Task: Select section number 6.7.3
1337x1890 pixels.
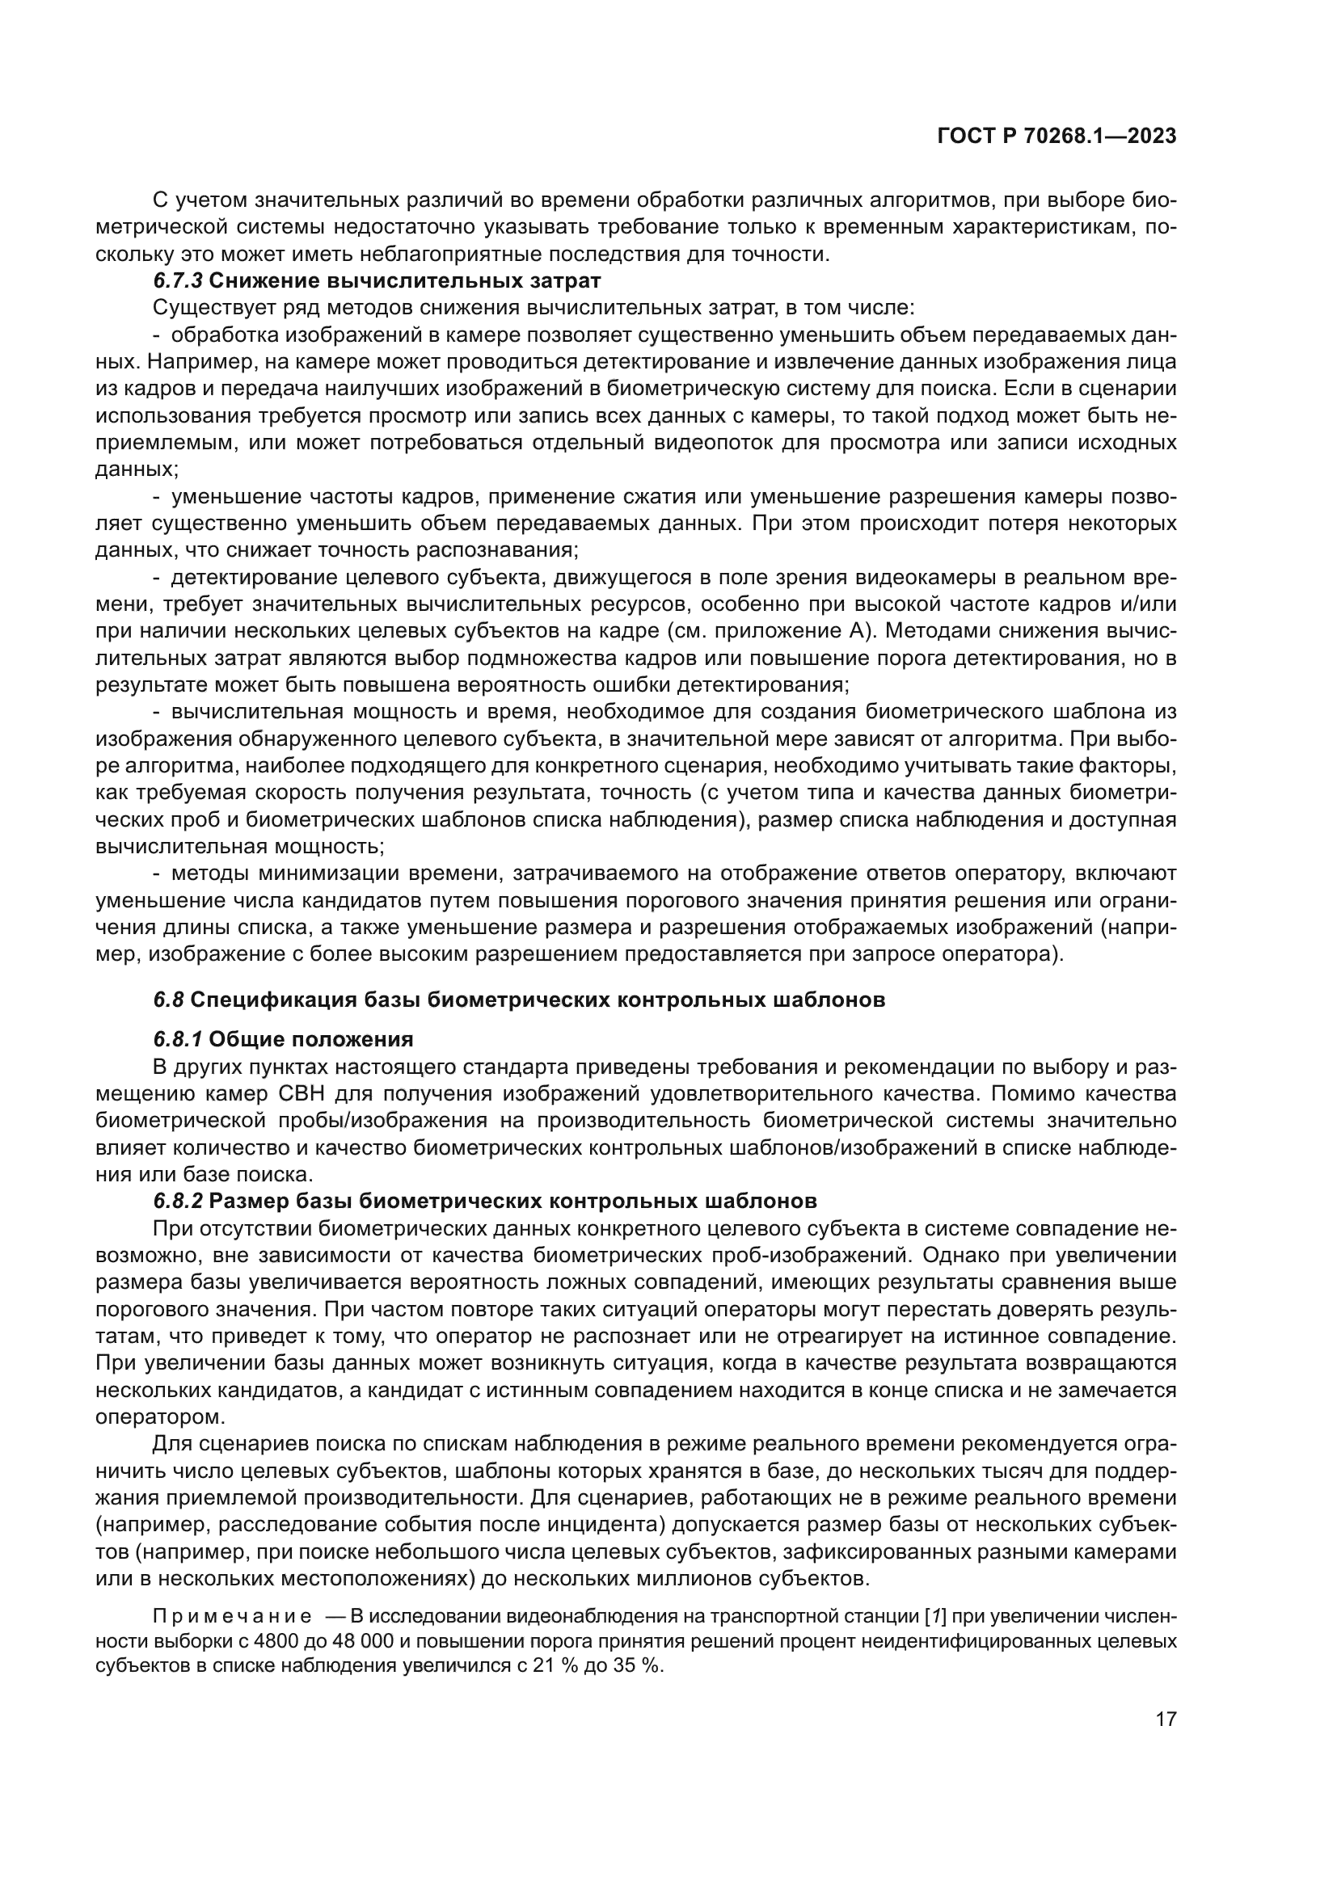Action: click(x=178, y=280)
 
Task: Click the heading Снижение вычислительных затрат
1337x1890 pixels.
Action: click(x=405, y=280)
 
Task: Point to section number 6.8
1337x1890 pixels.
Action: click(x=169, y=1000)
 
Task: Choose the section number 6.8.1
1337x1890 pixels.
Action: click(x=178, y=1040)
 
